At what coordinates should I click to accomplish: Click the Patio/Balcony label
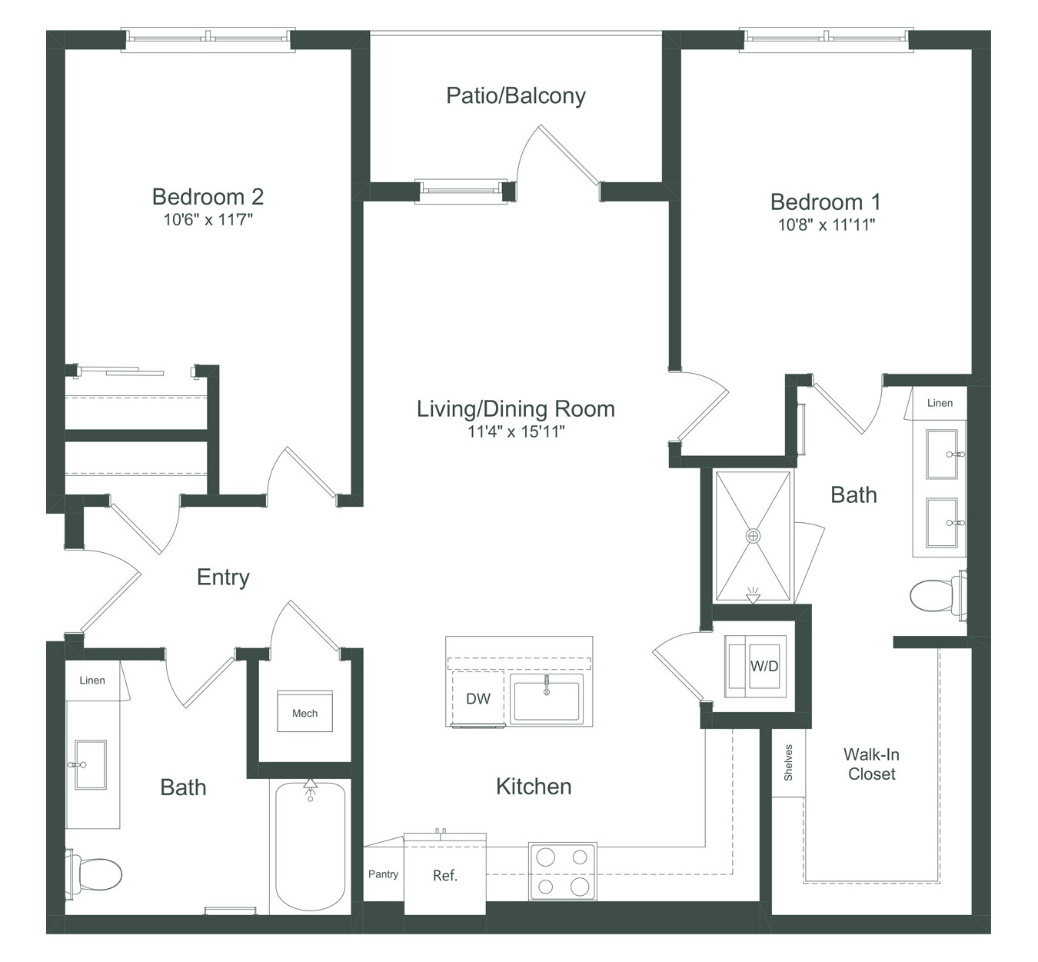[515, 96]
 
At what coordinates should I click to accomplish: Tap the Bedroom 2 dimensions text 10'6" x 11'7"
[208, 220]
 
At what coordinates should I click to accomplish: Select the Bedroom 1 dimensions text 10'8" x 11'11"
[827, 225]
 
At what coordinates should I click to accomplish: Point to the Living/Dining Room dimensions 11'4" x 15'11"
[516, 431]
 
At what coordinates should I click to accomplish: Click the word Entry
[223, 578]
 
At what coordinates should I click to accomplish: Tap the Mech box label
[304, 713]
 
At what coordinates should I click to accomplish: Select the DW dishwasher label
[478, 698]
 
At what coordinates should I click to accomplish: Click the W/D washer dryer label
[764, 666]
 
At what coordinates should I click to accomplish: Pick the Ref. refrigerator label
[445, 875]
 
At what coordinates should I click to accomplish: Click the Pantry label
[383, 874]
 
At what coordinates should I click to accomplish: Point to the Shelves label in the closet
[788, 763]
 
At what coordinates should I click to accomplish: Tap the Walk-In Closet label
[871, 764]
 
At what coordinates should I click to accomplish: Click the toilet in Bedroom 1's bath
[938, 594]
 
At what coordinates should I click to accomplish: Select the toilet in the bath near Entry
[94, 874]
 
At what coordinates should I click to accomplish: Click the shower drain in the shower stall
[753, 536]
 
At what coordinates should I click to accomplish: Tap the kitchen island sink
[547, 698]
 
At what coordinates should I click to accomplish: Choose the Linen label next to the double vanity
[940, 403]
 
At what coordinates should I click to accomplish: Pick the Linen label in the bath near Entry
[92, 681]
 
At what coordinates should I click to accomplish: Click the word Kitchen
[534, 787]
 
